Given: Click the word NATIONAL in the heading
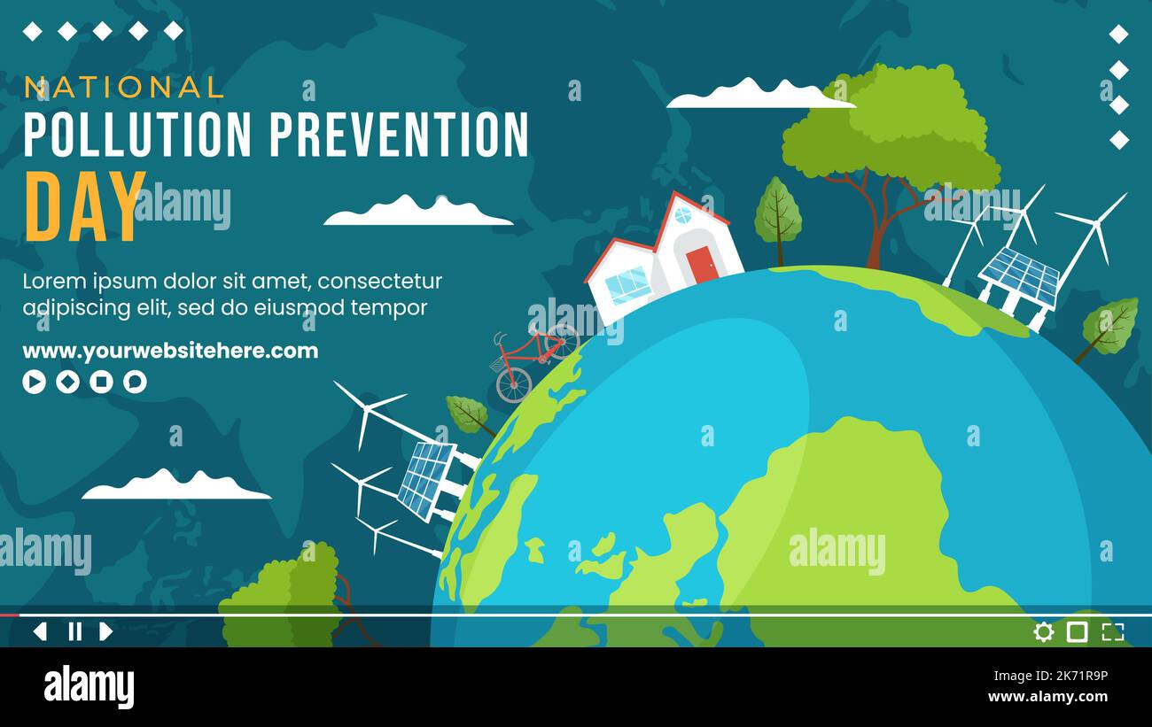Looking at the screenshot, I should coord(124,87).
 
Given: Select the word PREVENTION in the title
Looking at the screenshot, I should coord(399,135).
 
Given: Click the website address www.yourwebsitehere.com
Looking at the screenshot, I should coord(170,351).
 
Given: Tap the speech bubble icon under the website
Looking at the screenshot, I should coord(135,382).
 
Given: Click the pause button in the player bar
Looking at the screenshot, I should coord(75,631).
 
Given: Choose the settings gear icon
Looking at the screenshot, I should coord(1044,631).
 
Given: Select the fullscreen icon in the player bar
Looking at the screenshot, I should coord(1112,631).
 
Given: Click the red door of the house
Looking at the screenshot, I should coord(701,264).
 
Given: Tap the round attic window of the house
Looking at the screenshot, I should coord(682,215).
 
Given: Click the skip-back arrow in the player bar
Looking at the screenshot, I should coord(40,631).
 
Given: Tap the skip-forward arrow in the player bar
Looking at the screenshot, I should coord(106,631).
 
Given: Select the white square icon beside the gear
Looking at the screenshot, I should coord(1077,631).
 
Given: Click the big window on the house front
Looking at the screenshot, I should coord(628,285).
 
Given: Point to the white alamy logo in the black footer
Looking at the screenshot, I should coord(89,687).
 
